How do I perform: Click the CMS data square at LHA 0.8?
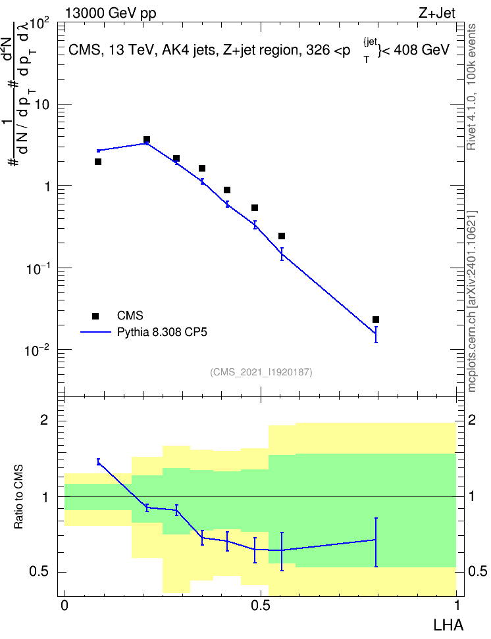click(x=376, y=319)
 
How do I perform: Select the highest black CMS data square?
click(x=147, y=139)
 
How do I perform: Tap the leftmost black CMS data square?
click(x=98, y=162)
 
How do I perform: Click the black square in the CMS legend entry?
click(x=95, y=316)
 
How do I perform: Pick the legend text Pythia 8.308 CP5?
click(x=162, y=332)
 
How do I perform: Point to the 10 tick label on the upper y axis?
click(x=41, y=105)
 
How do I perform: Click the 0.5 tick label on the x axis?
click(x=261, y=605)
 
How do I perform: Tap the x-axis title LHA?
click(x=448, y=625)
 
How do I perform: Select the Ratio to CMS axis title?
click(x=19, y=496)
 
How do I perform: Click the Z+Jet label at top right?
click(x=437, y=13)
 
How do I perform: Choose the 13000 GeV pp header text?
click(x=111, y=13)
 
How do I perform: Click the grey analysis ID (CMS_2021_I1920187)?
click(x=261, y=372)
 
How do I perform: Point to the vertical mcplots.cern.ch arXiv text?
click(x=472, y=301)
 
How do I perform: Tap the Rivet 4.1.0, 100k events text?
click(x=471, y=87)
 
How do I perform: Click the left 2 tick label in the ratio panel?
click(x=44, y=419)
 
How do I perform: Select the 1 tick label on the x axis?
click(x=457, y=605)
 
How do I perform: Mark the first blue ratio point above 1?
click(x=98, y=461)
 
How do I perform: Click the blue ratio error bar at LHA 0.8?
click(x=376, y=542)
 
